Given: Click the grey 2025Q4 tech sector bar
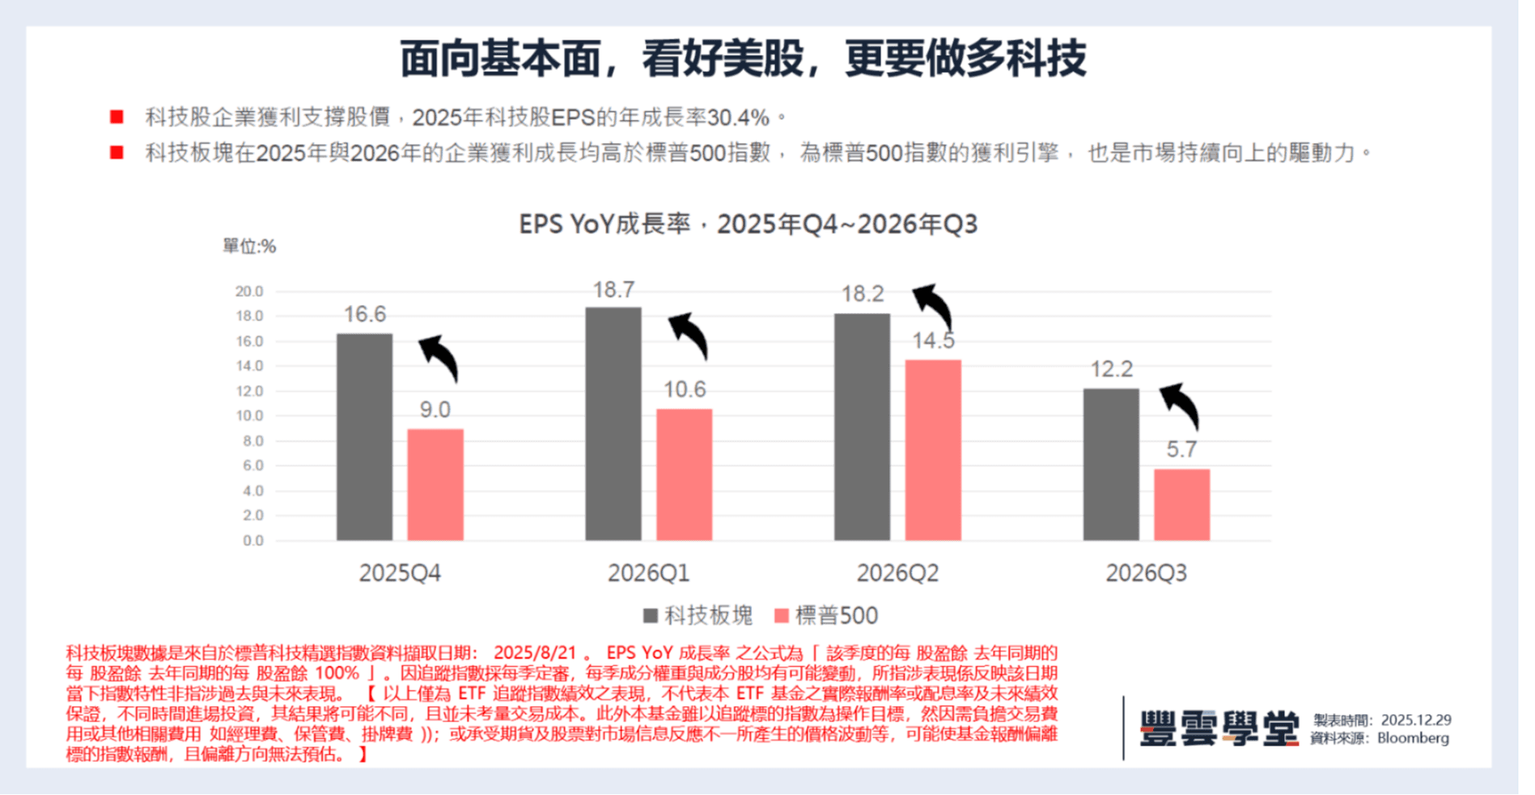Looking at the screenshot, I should [x=364, y=437].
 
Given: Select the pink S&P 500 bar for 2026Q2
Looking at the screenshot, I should [x=933, y=450].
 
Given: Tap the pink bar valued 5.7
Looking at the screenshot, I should [x=1181, y=505].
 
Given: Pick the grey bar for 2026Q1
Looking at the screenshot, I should [x=613, y=424].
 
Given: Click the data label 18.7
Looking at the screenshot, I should [x=613, y=290].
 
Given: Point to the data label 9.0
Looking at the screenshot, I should [x=435, y=410].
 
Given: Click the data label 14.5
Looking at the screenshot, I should [x=933, y=340].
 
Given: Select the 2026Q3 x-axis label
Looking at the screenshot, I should [x=1146, y=573].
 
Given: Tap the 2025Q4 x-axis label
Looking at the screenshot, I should [x=400, y=573].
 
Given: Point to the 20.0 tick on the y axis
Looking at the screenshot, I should [x=249, y=291].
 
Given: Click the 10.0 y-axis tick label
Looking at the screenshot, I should [x=249, y=416].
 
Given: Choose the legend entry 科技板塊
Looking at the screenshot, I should [x=698, y=615].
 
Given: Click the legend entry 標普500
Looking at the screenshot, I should [x=826, y=615].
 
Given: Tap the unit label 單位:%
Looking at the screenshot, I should [x=249, y=246].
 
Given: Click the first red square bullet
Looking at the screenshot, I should [x=117, y=117].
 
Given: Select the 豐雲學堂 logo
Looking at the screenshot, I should [x=1219, y=728].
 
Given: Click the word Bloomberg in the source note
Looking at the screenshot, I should [x=1413, y=738].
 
